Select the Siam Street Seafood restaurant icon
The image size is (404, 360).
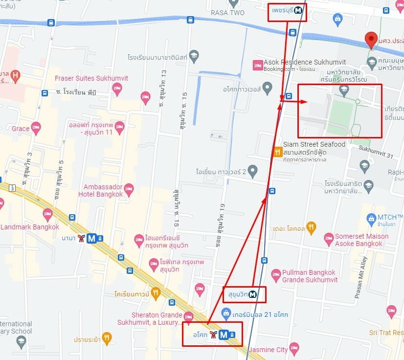pyautogui.click(x=277, y=152)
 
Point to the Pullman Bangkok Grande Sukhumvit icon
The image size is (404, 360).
pyautogui.click(x=276, y=274)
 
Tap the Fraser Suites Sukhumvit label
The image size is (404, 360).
pyautogui.click(x=84, y=78)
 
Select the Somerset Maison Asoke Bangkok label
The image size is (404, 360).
pyautogui.click(x=361, y=240)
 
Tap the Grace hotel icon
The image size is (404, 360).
pyautogui.click(x=36, y=128)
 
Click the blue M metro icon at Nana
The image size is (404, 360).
pyautogui.click(x=91, y=239)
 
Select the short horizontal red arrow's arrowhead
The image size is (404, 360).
pyautogui.click(x=304, y=102)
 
